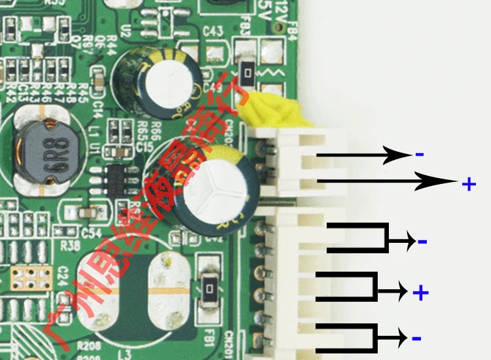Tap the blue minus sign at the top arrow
pyautogui.click(x=419, y=154)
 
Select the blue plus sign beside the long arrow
pyautogui.click(x=468, y=185)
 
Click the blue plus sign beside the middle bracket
pyautogui.click(x=420, y=293)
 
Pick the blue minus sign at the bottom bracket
pyautogui.click(x=416, y=338)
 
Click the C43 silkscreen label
pyautogui.click(x=213, y=31)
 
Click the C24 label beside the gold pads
pyautogui.click(x=63, y=275)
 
